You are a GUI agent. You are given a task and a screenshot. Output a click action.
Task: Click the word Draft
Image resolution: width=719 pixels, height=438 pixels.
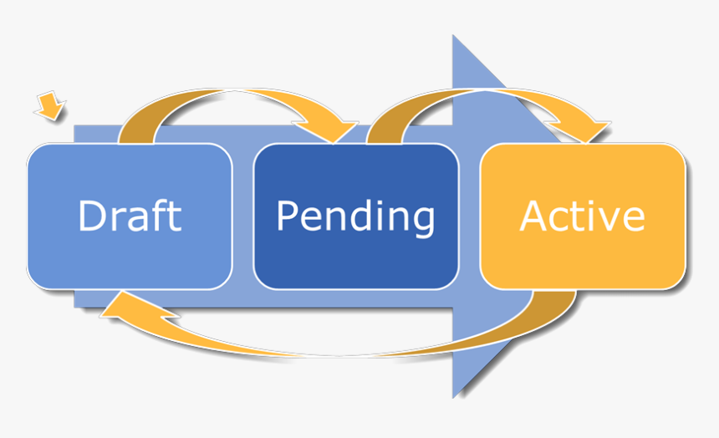(130, 216)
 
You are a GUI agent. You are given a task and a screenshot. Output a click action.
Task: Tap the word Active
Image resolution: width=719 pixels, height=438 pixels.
(582, 216)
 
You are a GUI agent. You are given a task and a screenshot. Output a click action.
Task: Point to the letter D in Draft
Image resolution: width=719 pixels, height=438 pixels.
(92, 215)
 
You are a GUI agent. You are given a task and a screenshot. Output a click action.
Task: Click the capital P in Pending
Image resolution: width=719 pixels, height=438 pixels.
(287, 215)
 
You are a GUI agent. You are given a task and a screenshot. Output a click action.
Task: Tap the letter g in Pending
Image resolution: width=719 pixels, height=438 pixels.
(423, 221)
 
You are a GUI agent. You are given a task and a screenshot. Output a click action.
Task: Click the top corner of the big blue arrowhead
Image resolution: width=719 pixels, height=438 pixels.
(454, 38)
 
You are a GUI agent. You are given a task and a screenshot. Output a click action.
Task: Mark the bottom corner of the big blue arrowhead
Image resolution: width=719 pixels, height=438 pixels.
(454, 395)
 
